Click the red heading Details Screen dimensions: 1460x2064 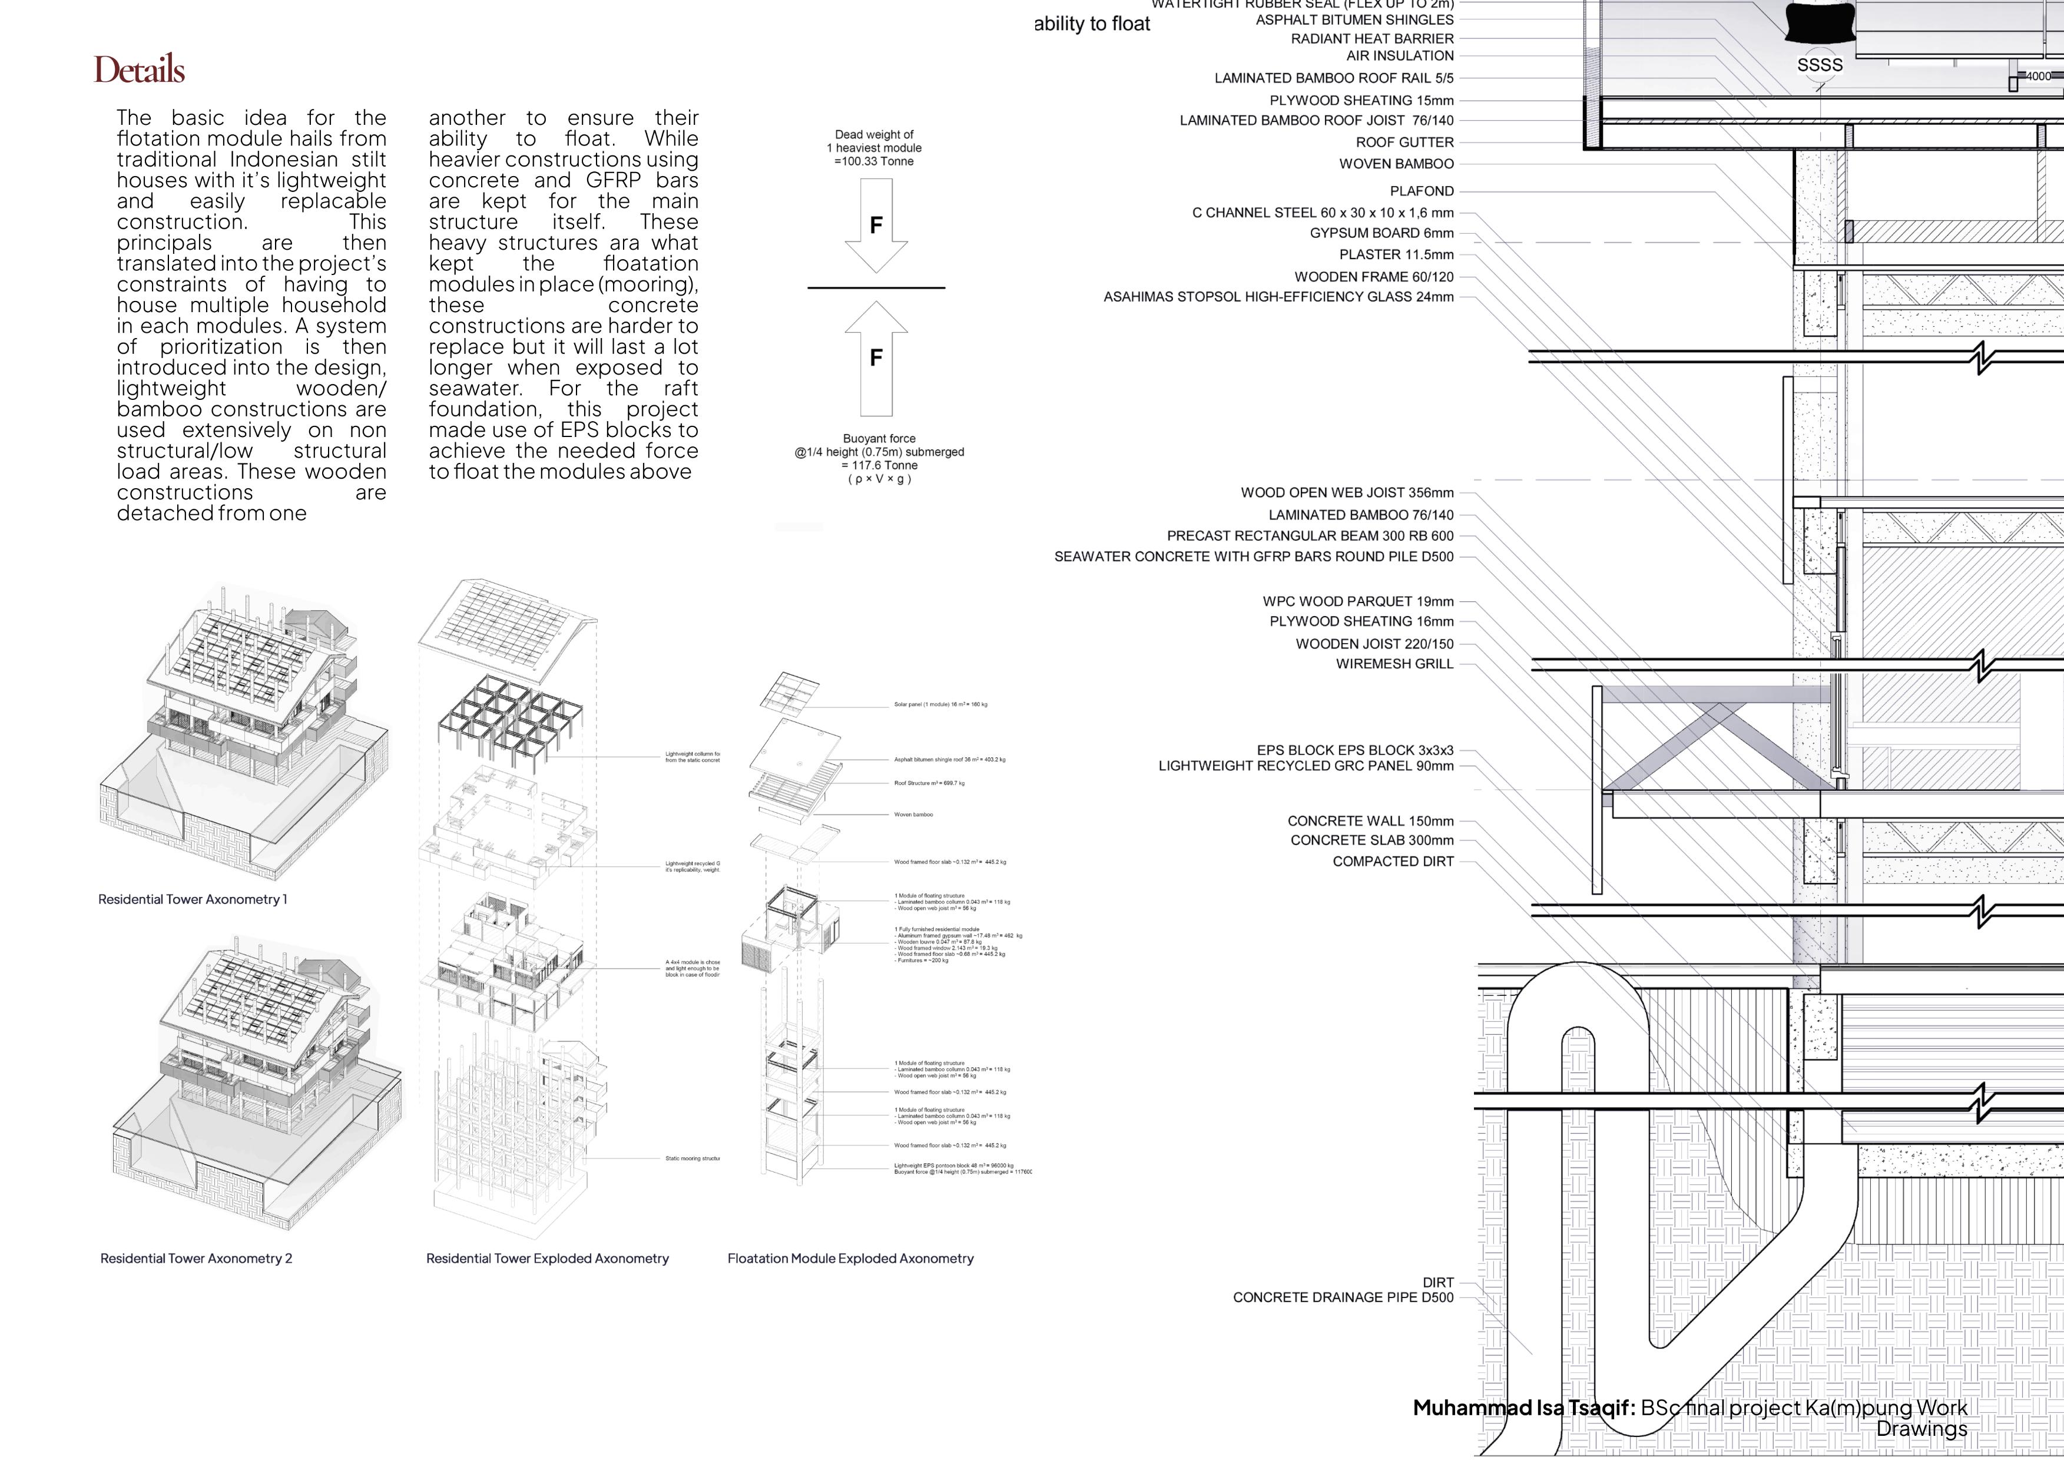140,70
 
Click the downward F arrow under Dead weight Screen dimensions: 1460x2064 876,225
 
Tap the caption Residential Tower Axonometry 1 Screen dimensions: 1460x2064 193,899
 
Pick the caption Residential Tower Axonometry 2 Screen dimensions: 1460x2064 196,1259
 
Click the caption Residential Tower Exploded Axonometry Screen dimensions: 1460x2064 548,1259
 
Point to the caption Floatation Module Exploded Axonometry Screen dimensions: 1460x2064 850,1259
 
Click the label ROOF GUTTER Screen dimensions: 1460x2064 1404,142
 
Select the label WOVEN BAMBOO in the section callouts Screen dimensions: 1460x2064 1396,164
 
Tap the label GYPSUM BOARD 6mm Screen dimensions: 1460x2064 1381,233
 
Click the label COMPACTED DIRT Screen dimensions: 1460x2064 1393,861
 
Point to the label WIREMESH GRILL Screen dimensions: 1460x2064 1394,664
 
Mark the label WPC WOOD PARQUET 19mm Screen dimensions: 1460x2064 1357,601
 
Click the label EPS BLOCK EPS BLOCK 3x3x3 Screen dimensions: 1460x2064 1355,750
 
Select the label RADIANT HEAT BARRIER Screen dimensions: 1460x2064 1372,39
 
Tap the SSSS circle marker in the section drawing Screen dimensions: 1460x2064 1820,65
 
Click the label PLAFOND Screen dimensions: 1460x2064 1422,191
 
